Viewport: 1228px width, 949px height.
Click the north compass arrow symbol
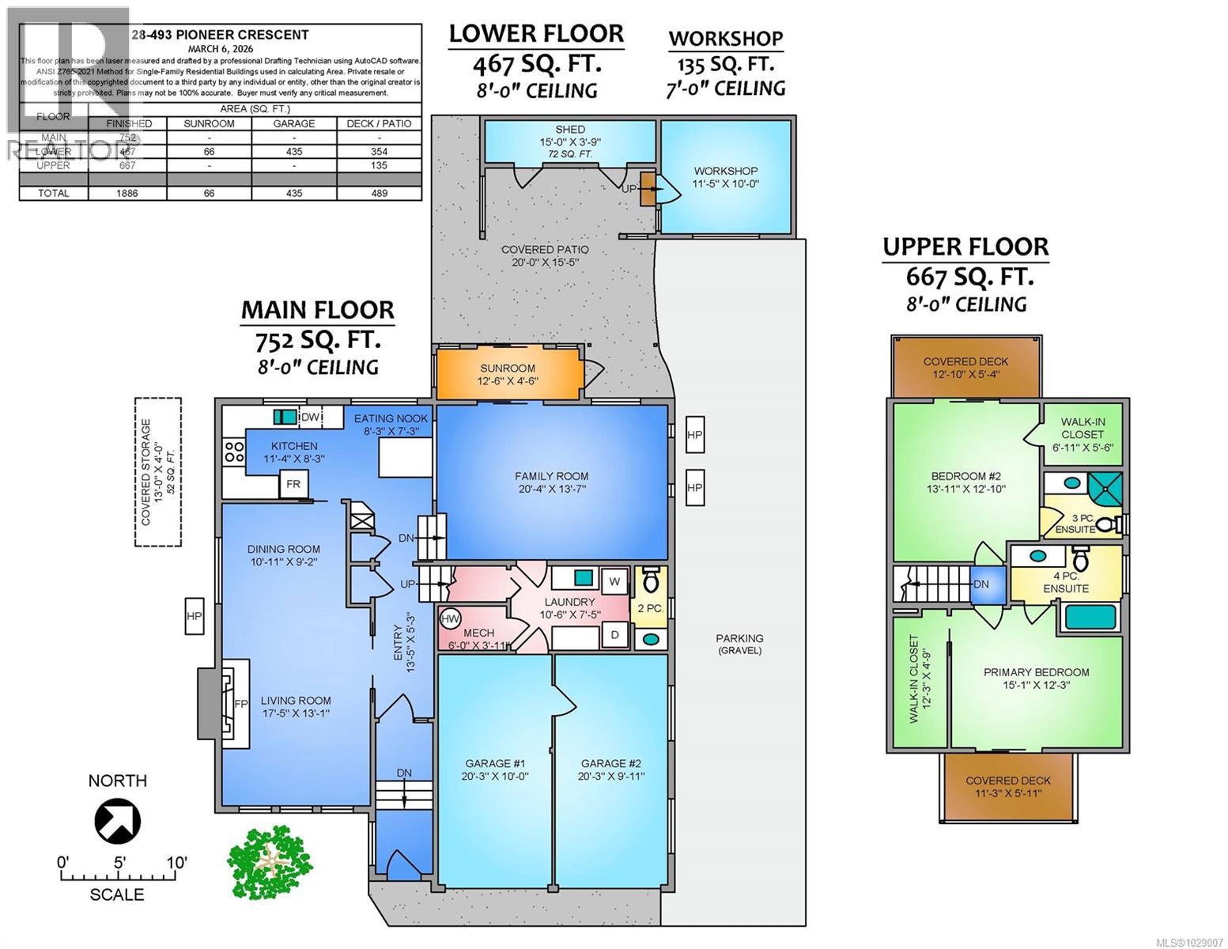[117, 822]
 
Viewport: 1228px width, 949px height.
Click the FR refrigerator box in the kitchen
[293, 484]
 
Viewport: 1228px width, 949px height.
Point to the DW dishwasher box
[311, 417]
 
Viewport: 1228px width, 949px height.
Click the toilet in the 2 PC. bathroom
[652, 581]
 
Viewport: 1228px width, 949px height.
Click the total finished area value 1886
[127, 193]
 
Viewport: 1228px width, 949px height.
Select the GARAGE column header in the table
[293, 123]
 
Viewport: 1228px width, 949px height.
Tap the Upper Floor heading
[965, 247]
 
